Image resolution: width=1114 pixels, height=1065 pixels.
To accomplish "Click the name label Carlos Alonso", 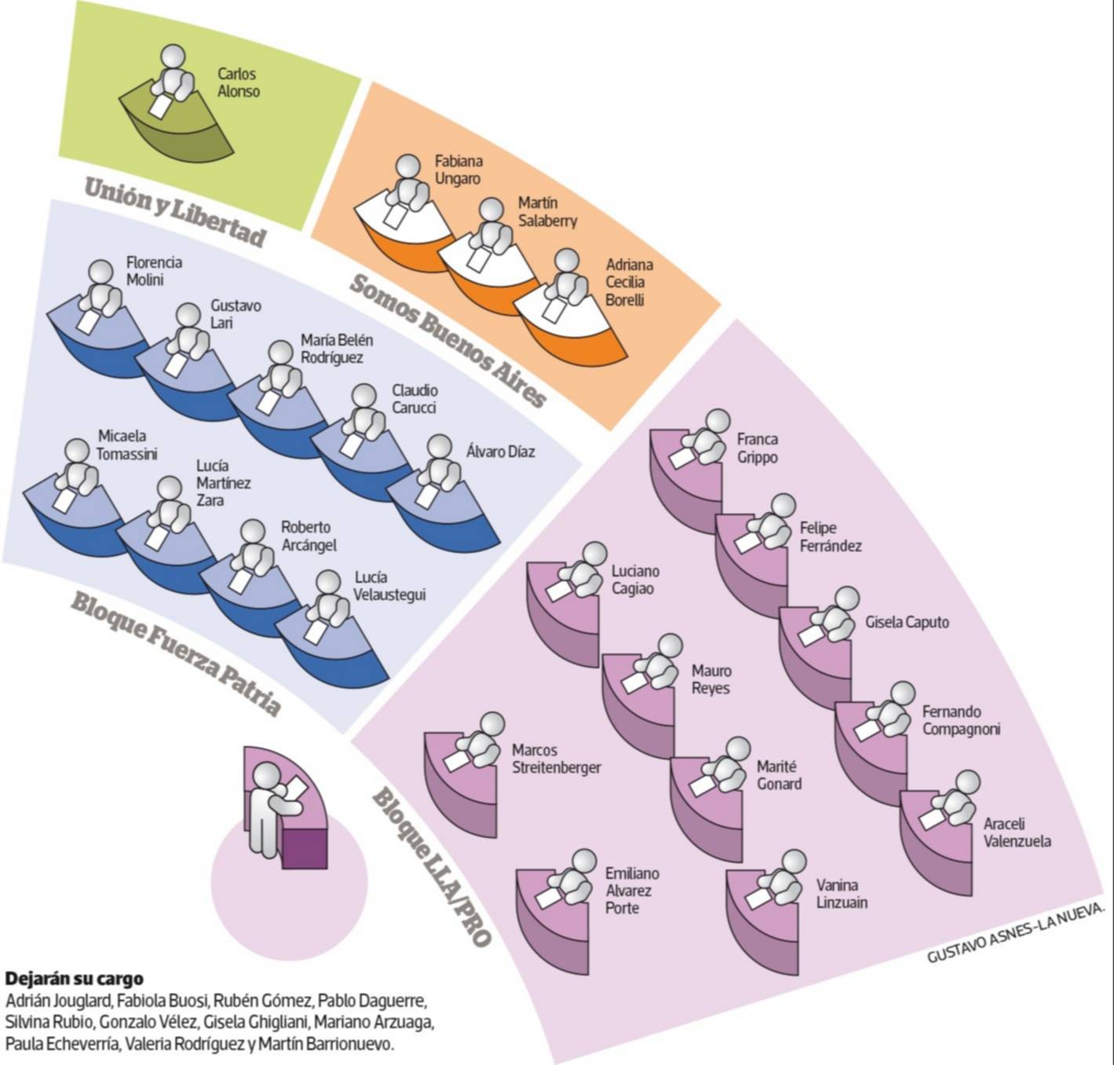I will click(238, 82).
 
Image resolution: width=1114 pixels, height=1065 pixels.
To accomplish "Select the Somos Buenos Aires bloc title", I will click(447, 341).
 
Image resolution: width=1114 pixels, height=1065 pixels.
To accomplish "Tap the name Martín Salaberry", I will click(546, 212).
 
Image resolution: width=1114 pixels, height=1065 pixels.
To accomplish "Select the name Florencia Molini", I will click(154, 271).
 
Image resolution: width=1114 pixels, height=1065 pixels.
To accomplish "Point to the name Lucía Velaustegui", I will click(389, 586).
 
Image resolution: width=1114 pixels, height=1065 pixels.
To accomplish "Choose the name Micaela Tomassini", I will click(126, 445).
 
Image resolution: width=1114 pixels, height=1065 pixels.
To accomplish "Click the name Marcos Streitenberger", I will click(556, 759).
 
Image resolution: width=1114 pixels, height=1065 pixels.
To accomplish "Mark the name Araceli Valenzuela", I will click(1016, 833).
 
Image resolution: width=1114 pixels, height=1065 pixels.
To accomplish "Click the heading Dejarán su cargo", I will click(75, 979).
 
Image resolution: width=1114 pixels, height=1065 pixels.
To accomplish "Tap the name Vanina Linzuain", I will click(842, 894).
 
